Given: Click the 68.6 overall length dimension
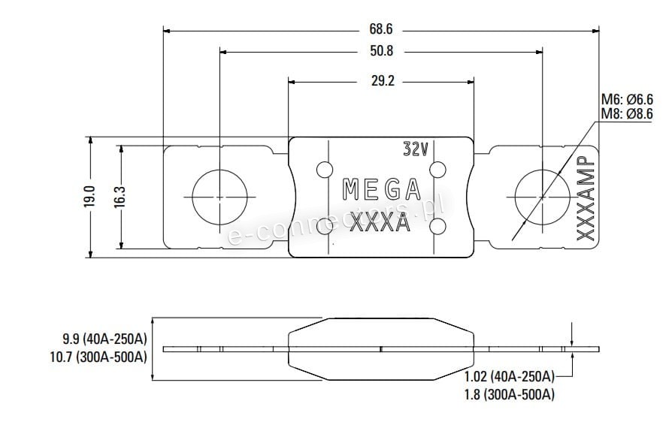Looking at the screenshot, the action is coord(380,29).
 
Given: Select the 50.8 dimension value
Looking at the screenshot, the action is coord(381,51).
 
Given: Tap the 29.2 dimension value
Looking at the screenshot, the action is coord(383,80).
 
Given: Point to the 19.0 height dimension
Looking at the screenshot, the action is coord(89,197).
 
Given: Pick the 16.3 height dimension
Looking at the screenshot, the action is coord(120,197).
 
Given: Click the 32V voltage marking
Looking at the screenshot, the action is coord(416,149).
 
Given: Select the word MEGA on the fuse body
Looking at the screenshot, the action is coord(382,189).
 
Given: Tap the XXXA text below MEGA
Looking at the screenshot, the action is coord(380,222).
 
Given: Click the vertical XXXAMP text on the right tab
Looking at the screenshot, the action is coord(586,198).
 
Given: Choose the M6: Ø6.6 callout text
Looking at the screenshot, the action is coord(627,100).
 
